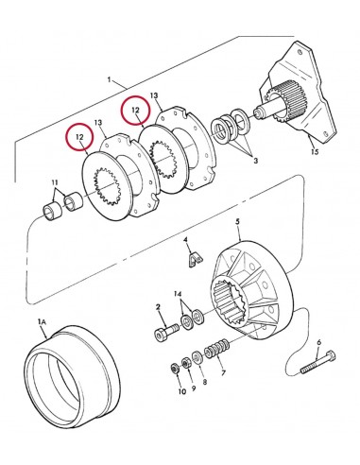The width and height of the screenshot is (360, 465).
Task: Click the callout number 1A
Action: click(43, 321)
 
